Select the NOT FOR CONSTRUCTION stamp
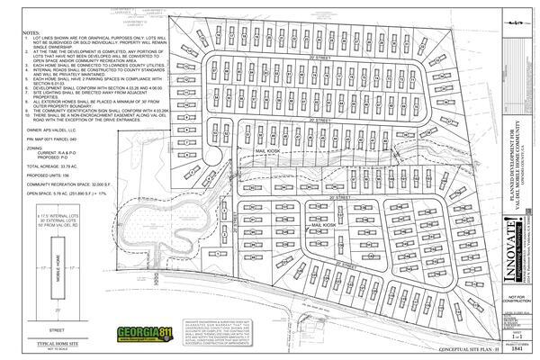click(x=516, y=298)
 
